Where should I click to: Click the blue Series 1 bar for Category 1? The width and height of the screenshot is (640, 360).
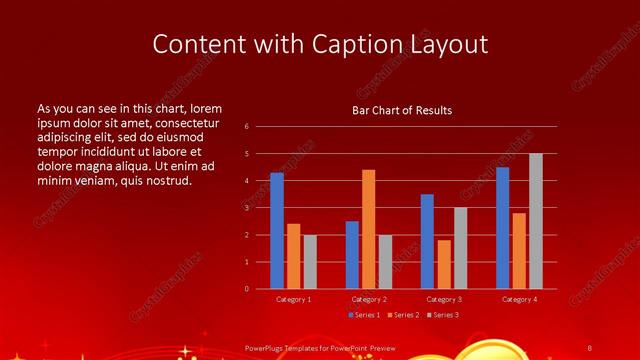tap(277, 231)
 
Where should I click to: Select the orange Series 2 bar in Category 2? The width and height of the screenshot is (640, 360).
tap(369, 229)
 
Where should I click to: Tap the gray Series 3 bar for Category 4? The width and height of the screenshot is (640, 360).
tap(536, 221)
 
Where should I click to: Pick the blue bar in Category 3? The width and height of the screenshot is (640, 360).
tap(427, 241)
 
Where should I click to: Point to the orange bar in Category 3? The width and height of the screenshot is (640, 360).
tap(444, 264)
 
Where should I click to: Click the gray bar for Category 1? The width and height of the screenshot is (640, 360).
tap(310, 262)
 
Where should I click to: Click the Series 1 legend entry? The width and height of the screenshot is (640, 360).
tap(363, 315)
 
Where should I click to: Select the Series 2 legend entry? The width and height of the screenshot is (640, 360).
tap(402, 315)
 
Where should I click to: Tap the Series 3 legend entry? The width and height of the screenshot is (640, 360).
tap(442, 315)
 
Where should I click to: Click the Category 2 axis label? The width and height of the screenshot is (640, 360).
tap(369, 299)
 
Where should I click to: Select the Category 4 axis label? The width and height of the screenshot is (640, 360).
tap(519, 299)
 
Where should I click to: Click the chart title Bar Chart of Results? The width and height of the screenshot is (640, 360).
tap(402, 110)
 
